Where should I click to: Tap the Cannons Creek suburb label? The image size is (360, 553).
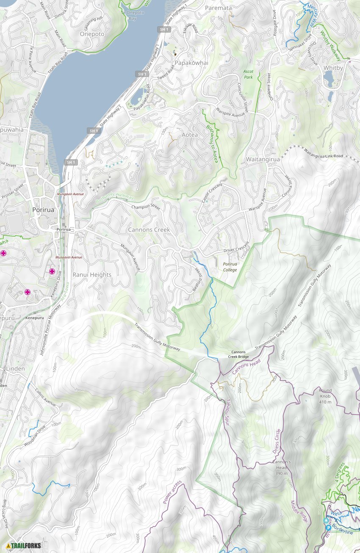click(149, 230)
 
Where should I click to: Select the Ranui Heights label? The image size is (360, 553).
click(92, 275)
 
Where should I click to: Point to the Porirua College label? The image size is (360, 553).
click(230, 267)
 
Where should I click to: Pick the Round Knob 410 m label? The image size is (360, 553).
click(325, 396)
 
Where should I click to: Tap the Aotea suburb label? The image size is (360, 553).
click(189, 135)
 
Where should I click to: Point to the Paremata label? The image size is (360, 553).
click(218, 8)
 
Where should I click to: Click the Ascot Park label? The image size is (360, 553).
click(248, 75)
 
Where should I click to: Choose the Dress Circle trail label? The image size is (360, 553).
click(278, 442)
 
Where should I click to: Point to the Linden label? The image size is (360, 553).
click(15, 369)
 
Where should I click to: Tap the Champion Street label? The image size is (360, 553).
click(146, 207)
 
